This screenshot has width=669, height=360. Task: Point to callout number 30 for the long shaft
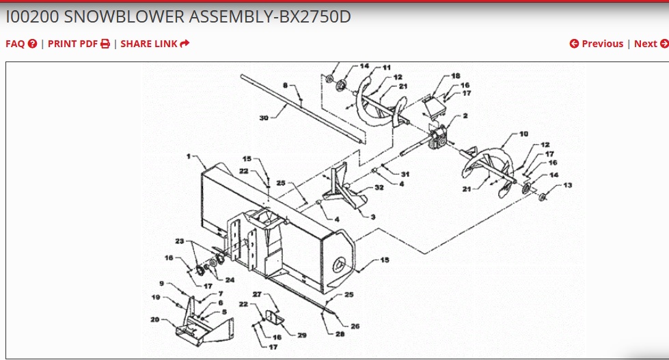click(x=264, y=117)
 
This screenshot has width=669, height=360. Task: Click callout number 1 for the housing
click(x=188, y=156)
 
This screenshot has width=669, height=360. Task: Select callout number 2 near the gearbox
click(x=465, y=116)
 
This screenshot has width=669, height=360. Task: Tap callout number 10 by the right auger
click(x=523, y=135)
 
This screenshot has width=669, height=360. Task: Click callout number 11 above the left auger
click(x=387, y=68)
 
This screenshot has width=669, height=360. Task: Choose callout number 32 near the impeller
click(x=379, y=188)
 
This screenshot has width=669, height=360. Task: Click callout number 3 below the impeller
click(x=373, y=217)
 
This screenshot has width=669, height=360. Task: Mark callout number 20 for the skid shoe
click(x=155, y=319)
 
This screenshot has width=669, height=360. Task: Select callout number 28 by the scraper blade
click(x=339, y=333)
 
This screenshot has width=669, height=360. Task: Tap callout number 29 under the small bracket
click(x=301, y=335)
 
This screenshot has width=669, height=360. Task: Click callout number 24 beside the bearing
click(x=230, y=280)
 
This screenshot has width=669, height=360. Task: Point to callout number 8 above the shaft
click(x=284, y=85)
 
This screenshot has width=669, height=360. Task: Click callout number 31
click(x=405, y=174)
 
